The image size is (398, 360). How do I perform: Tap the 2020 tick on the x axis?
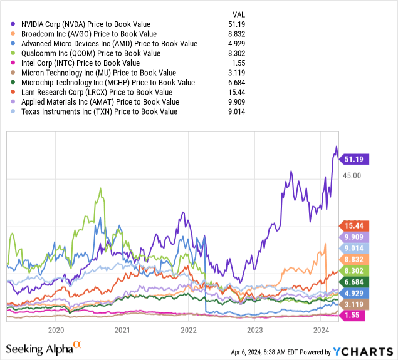click(56, 330)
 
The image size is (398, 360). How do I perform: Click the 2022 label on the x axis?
click(189, 330)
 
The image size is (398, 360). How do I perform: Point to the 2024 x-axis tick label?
click(321, 330)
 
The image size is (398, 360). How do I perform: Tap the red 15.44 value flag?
click(355, 225)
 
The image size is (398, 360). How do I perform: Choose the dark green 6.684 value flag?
click(355, 282)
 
